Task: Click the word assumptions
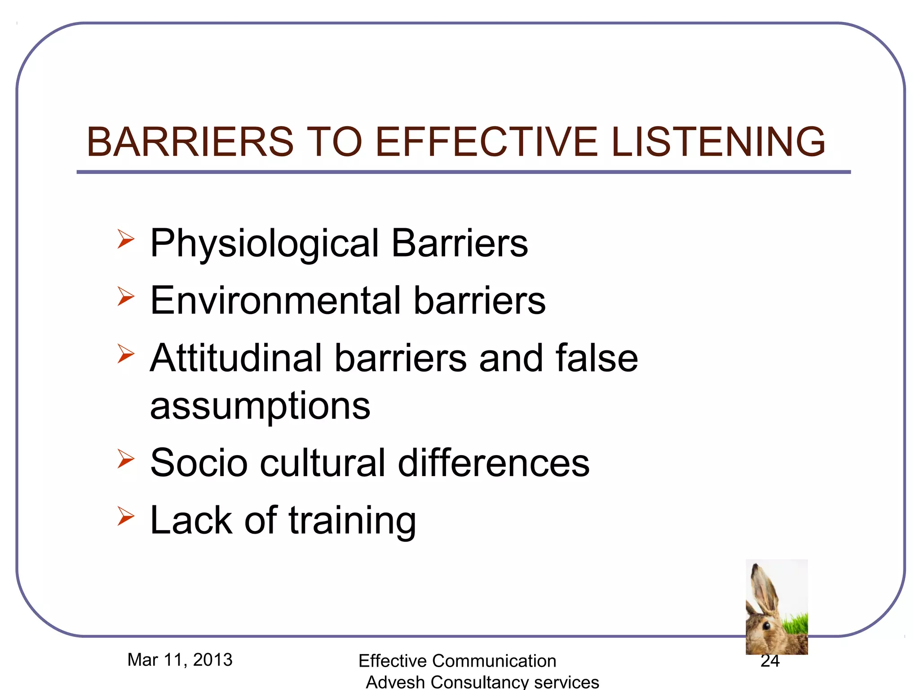coord(260,406)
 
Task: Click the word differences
coord(493,463)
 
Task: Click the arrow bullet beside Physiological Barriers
coord(126,239)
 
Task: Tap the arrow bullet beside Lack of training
coord(126,516)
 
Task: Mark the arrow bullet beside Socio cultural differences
coord(126,459)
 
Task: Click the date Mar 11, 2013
coord(180,660)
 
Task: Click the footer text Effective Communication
coord(457,661)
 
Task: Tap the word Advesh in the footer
coord(395,682)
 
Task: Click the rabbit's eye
coord(766,626)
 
